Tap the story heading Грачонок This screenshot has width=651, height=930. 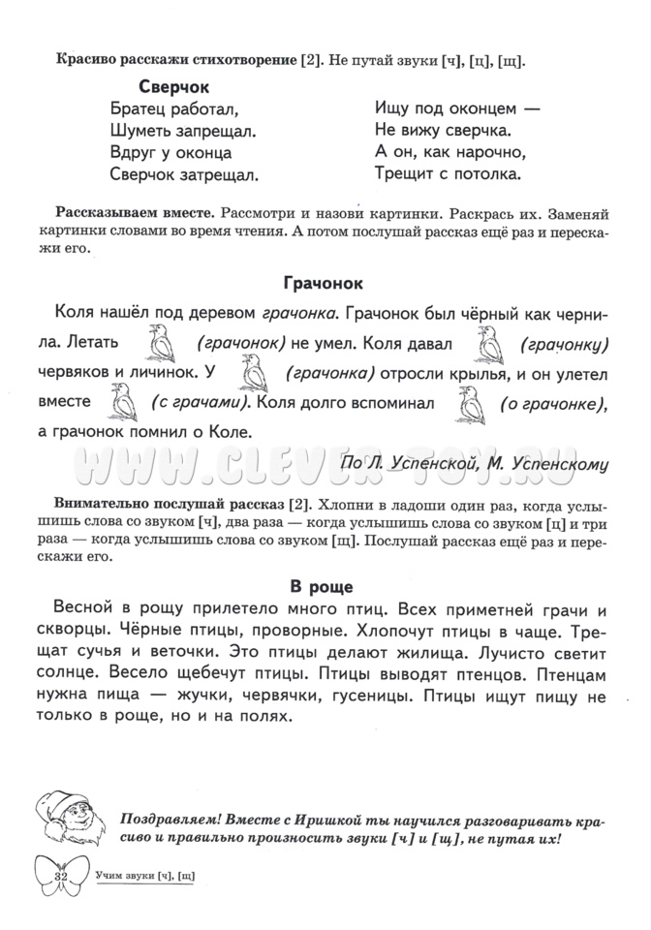tap(324, 284)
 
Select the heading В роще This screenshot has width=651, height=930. tap(324, 586)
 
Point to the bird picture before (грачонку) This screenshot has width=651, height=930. tap(491, 342)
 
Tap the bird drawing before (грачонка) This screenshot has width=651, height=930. tap(254, 372)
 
